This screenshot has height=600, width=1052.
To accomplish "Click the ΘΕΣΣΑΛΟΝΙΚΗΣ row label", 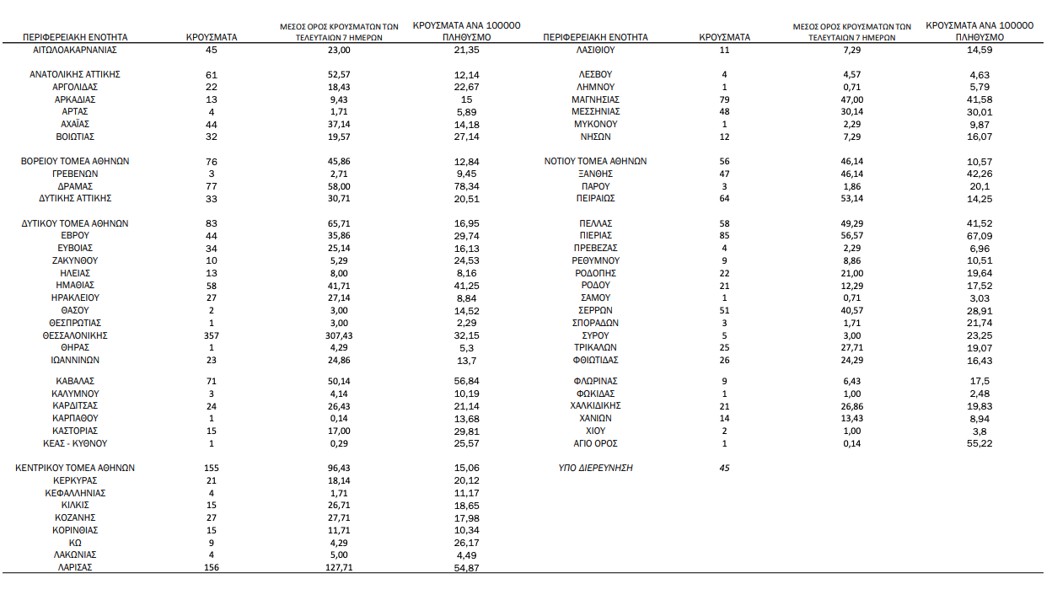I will pos(75,335).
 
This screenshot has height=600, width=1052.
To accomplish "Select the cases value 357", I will pos(212,335).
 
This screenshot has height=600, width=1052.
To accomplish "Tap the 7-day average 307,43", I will pos(339,335).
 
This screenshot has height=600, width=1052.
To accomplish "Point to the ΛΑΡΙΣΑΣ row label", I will pos(75,567).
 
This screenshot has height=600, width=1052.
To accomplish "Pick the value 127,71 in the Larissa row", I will pos(339,567).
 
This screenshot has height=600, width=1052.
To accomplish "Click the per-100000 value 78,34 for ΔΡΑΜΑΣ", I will pos(466,186).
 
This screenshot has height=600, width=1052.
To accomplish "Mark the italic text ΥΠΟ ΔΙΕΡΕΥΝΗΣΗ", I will pos(595,468).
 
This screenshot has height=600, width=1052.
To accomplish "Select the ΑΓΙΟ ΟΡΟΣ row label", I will pos(595,443).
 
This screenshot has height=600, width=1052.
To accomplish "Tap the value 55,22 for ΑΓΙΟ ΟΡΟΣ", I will pos(980,443).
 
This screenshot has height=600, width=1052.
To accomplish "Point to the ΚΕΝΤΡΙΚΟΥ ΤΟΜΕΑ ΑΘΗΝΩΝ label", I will pos(75,468).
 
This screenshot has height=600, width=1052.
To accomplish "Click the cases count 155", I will pos(212,468).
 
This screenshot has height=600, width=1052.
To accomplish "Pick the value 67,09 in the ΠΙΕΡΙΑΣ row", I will pos(980,236).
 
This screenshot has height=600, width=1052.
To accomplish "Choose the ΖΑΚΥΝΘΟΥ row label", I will pos(75,261).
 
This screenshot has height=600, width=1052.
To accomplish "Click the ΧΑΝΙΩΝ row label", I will pos(595,418).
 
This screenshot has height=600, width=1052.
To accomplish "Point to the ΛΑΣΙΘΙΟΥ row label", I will pos(595,51).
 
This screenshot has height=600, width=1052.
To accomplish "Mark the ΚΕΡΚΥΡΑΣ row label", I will pos(75,480).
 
